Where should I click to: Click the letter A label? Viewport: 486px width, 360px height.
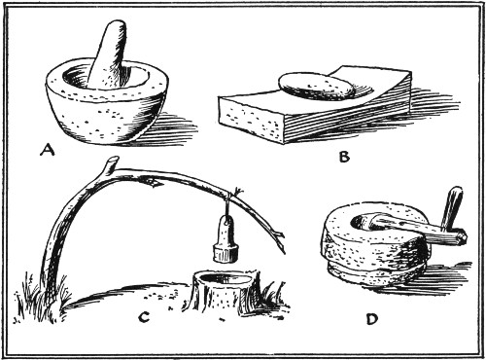click(48, 150)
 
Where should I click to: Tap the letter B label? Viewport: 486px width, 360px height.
click(344, 157)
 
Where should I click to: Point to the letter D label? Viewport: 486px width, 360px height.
click(372, 319)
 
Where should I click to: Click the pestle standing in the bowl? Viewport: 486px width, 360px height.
click(109, 55)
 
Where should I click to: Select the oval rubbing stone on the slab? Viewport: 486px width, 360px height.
click(315, 86)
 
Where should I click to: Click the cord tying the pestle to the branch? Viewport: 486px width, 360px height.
click(231, 202)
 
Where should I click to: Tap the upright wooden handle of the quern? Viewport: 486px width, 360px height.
click(451, 208)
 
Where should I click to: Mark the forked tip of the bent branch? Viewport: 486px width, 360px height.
click(279, 239)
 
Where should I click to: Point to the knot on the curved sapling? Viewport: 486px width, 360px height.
click(152, 183)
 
